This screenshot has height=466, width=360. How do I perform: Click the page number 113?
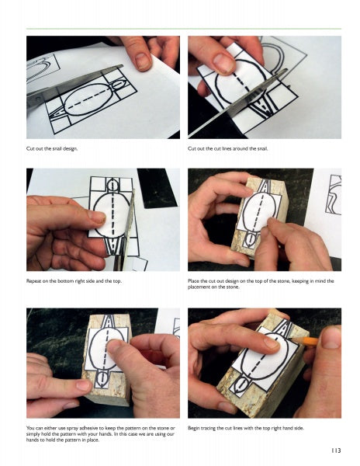(x=336, y=450)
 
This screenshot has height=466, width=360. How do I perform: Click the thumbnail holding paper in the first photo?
(x=143, y=61)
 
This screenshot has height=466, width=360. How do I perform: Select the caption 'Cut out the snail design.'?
(x=52, y=149)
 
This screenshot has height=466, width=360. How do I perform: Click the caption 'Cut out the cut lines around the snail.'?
(x=227, y=149)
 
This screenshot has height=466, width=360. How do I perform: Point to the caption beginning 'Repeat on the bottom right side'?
(x=74, y=281)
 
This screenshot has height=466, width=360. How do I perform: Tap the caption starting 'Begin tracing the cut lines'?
(x=246, y=428)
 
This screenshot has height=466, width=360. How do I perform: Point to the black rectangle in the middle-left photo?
(x=158, y=188)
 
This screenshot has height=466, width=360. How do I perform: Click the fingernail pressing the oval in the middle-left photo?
(x=98, y=217)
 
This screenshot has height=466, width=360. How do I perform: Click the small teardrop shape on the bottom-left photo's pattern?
(x=102, y=377)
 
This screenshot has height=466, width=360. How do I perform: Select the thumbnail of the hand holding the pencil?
(x=331, y=338)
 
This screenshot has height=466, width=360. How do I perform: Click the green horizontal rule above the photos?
(x=184, y=29)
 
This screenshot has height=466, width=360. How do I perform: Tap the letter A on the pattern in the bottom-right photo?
(x=286, y=329)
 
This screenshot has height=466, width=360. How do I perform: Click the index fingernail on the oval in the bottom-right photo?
(x=272, y=343)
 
